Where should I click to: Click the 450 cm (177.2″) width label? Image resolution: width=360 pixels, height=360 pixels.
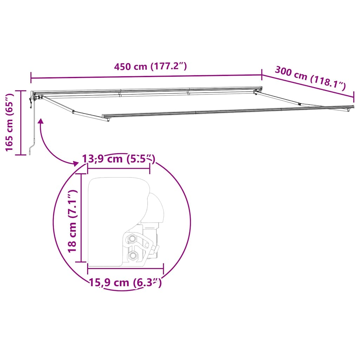click(150, 66)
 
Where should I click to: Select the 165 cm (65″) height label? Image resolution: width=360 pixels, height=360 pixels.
click(10, 122)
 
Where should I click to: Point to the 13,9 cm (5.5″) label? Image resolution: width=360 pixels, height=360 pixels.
click(118, 159)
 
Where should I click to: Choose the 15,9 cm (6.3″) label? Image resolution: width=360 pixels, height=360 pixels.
click(125, 282)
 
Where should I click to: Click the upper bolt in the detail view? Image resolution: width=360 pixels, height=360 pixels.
click(132, 239)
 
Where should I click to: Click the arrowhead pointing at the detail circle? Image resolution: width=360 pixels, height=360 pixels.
click(75, 163)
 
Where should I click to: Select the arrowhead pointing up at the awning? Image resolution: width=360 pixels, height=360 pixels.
click(41, 121)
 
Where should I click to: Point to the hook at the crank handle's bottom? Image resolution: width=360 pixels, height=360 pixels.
click(31, 152)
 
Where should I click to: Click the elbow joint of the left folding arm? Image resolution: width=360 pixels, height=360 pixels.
click(73, 112)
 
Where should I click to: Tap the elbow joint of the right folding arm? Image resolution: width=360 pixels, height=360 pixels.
click(300, 104)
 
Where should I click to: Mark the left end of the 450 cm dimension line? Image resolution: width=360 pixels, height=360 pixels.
click(31, 78)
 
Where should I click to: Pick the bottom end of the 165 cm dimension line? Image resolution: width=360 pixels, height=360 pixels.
click(21, 154)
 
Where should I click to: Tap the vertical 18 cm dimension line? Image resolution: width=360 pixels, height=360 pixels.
click(82, 218)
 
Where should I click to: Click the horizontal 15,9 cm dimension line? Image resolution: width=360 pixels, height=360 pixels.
click(125, 269)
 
